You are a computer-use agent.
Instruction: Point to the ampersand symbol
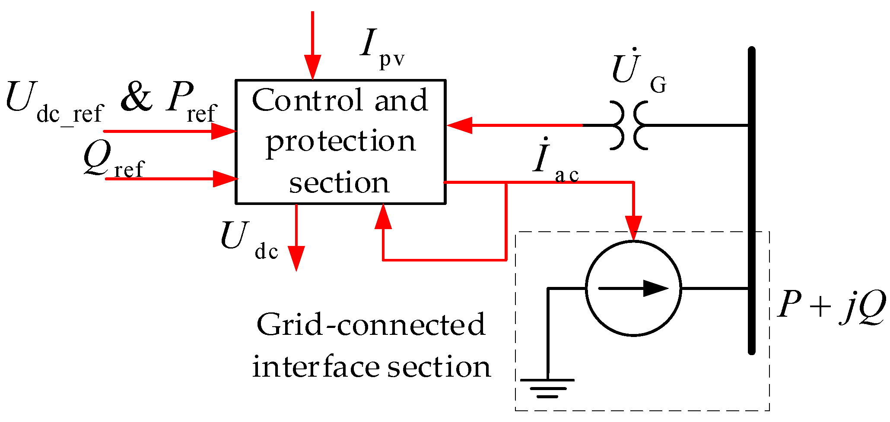pos(137,98)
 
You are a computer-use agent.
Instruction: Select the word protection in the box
pos(340,142)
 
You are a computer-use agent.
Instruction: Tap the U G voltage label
pos(637,71)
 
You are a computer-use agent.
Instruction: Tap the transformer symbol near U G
pos(629,126)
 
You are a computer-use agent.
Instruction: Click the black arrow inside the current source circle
pos(655,288)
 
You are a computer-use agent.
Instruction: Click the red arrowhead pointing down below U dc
pos(296,258)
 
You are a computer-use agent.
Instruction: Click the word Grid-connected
pos(371,324)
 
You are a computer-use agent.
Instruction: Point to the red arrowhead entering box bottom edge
pos(383,217)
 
